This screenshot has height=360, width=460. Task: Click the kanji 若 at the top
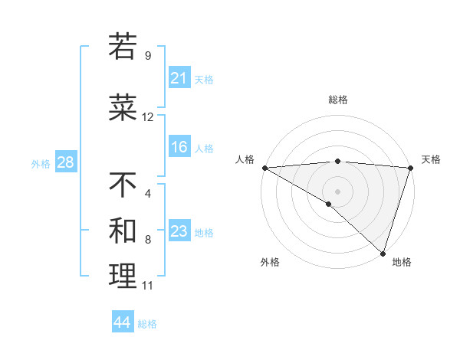[123, 47]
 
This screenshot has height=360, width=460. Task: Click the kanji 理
[123, 277]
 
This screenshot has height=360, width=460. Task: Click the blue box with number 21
[179, 77]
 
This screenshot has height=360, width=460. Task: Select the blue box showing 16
[179, 147]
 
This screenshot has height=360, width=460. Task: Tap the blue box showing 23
[179, 231]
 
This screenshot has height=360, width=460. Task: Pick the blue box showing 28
[65, 162]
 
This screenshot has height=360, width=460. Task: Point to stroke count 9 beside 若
[148, 55]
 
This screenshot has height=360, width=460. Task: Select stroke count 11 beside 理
[148, 286]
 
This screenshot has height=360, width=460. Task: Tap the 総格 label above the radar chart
[338, 100]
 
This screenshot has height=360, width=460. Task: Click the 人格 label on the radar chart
[245, 159]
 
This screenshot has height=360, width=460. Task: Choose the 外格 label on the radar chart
[270, 262]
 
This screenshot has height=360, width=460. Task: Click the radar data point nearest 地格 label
[383, 253]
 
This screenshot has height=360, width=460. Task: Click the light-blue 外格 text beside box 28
[41, 163]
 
